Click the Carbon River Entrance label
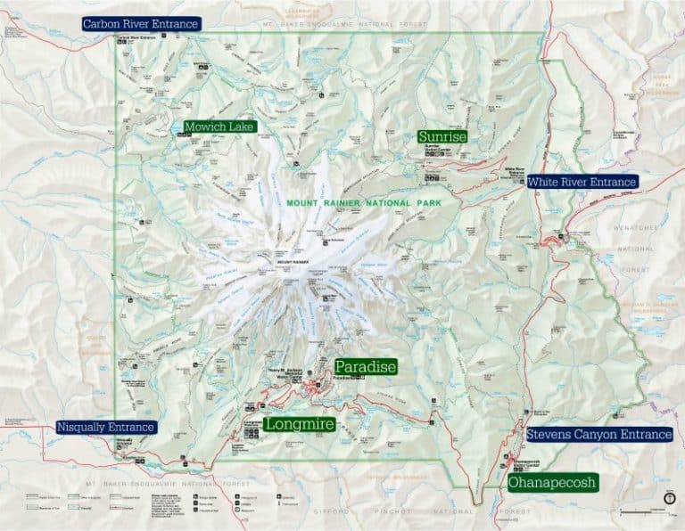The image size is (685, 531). pyautogui.click(x=141, y=24)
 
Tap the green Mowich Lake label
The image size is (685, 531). pyautogui.click(x=219, y=127)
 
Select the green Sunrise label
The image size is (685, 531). pyautogui.click(x=442, y=136)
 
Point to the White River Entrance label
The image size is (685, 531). pyautogui.click(x=582, y=182)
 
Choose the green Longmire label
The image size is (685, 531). pyautogui.click(x=300, y=424)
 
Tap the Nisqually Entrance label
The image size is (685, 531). pyautogui.click(x=106, y=428)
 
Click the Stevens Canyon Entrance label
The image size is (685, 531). pyautogui.click(x=598, y=435)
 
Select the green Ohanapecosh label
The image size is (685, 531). pyautogui.click(x=551, y=482)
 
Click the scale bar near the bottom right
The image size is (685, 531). pyautogui.click(x=641, y=512)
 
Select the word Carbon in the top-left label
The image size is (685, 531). pyautogui.click(x=100, y=24)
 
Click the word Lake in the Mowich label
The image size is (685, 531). pyautogui.click(x=240, y=127)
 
